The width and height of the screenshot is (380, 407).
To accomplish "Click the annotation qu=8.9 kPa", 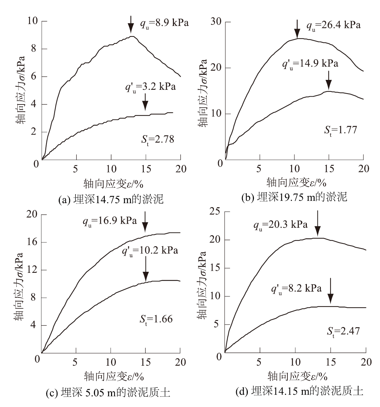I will [164, 24].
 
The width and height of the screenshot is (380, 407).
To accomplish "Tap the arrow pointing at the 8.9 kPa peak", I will [131, 24].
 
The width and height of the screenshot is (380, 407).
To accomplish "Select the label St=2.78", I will [158, 139].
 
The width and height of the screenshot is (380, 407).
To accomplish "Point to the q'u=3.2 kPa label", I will [150, 87].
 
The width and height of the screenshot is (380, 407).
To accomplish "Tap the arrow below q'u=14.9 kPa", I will [329, 80].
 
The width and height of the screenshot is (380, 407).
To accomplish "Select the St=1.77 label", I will [340, 130].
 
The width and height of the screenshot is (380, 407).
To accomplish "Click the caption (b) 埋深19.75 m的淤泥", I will [294, 197].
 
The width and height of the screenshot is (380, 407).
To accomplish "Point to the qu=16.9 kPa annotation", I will [110, 221].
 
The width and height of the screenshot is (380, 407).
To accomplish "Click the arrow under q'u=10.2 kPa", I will [146, 269].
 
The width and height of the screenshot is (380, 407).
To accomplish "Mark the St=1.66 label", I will [156, 319].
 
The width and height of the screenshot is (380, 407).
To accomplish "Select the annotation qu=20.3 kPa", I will [281, 225].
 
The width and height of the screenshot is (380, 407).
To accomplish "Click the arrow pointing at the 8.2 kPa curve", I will [330, 291].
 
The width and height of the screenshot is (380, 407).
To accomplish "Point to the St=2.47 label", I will [343, 331].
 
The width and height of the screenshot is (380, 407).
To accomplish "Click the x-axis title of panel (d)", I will [298, 376].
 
